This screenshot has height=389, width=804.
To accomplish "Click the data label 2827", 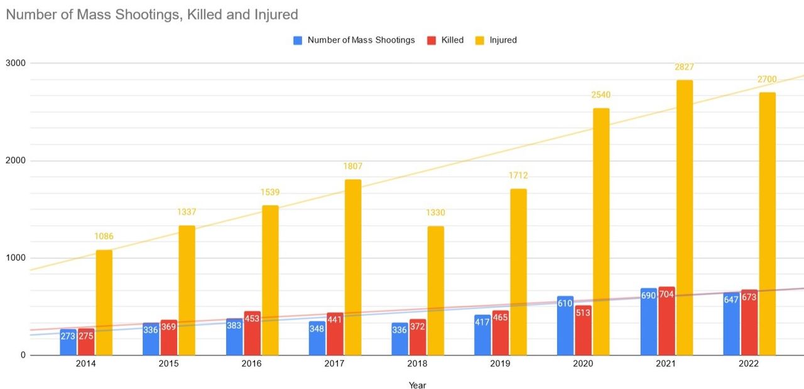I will pos(685,67).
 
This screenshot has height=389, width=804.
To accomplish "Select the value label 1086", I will pos(104,236).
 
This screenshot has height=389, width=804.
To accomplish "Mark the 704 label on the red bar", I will pos(666,295).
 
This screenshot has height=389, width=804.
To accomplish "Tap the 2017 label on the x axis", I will pos(335,364).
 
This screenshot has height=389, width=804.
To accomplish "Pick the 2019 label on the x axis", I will pos(501,364).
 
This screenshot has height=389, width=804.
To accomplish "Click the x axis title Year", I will pos(417,385).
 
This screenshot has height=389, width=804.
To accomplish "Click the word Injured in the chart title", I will pos(274,14).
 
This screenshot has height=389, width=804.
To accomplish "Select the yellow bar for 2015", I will pos(187,290).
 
